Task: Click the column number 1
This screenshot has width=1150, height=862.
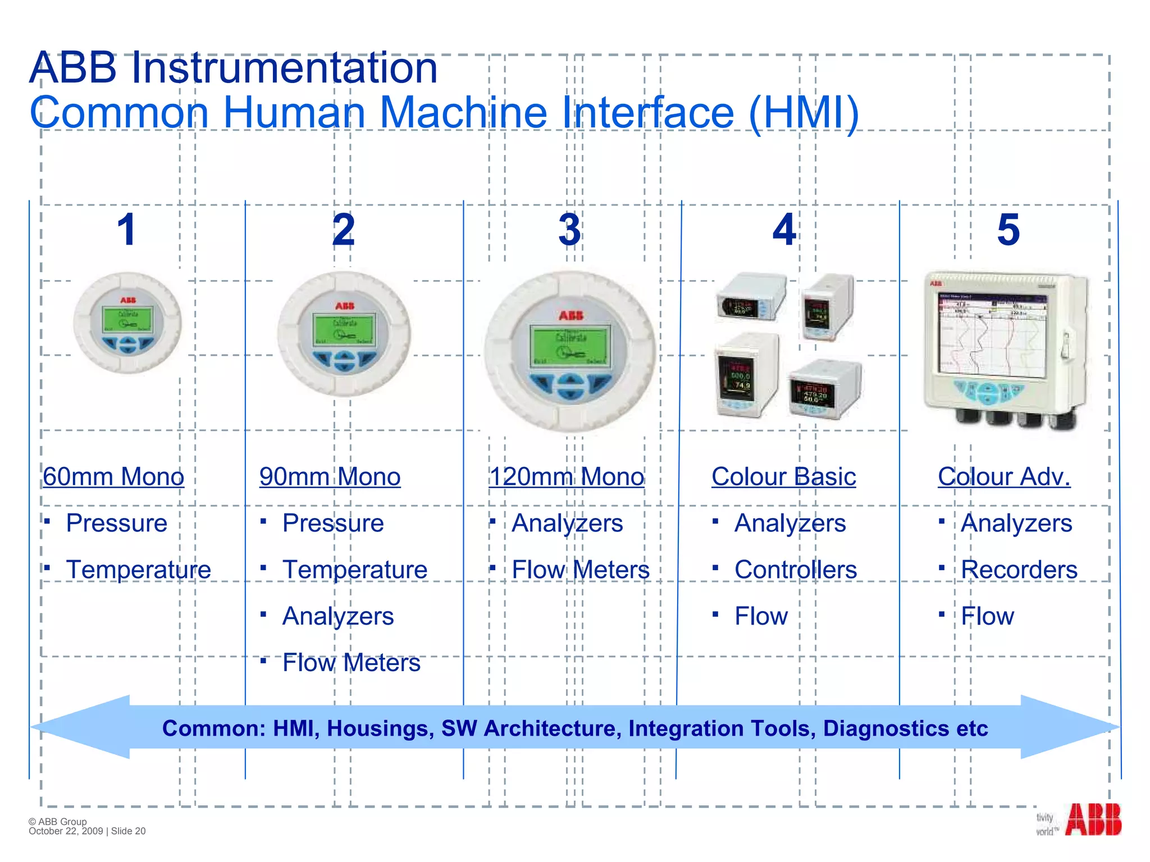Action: pyautogui.click(x=127, y=230)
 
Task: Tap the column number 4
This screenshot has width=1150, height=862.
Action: pyautogui.click(x=784, y=230)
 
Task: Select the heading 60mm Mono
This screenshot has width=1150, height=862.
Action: pyautogui.click(x=113, y=477)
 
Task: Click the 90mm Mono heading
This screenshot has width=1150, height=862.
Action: pyautogui.click(x=330, y=477)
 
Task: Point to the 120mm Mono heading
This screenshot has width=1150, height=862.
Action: pyautogui.click(x=567, y=477)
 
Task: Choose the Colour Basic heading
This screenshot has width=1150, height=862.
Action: pyautogui.click(x=783, y=477)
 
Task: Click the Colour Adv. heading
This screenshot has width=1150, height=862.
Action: pyautogui.click(x=1004, y=477)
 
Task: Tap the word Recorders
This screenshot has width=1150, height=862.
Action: pyautogui.click(x=1019, y=570)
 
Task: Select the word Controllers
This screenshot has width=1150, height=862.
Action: pyautogui.click(x=795, y=570)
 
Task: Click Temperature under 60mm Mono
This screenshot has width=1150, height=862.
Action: pyautogui.click(x=138, y=570)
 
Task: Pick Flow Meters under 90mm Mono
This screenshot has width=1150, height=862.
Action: pyautogui.click(x=351, y=663)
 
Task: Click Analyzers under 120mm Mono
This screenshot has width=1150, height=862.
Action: pyautogui.click(x=567, y=523)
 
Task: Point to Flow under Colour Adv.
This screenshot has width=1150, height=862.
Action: pyautogui.click(x=987, y=616)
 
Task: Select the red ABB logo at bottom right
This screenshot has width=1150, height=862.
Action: pyautogui.click(x=1092, y=820)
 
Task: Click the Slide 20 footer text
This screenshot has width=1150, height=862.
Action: pyautogui.click(x=129, y=831)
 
